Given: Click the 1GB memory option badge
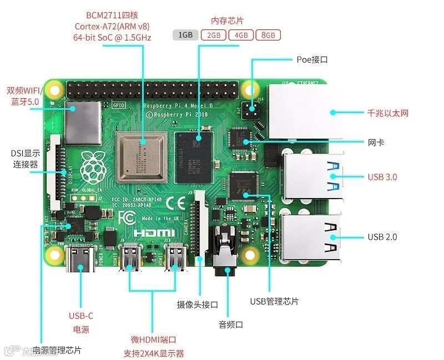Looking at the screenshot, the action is point(185,35).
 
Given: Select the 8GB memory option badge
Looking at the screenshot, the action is point(268,35).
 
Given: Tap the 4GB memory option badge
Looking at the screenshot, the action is point(241,35).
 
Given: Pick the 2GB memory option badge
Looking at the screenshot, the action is point(214,35).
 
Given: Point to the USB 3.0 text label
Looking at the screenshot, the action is point(382,177).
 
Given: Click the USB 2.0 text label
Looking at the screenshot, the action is point(382,237).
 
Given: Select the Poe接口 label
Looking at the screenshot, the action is point(312,59).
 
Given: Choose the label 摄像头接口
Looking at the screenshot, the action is point(197,305).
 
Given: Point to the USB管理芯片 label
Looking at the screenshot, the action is point(274,301).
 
